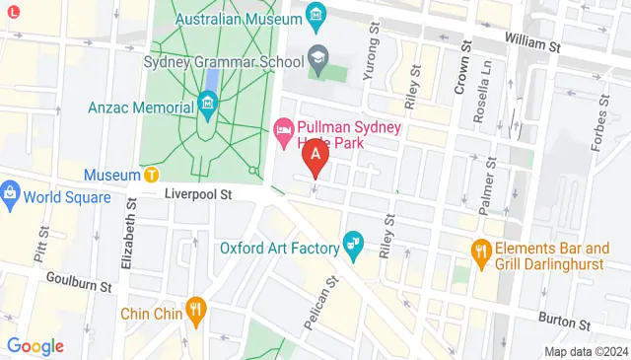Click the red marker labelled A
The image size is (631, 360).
[x=315, y=155]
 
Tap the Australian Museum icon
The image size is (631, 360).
[x=316, y=16]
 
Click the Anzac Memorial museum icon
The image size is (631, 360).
[x=207, y=103]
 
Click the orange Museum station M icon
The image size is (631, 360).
[x=151, y=175]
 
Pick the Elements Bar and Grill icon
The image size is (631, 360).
[x=481, y=251]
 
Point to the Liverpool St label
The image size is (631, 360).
[x=197, y=195]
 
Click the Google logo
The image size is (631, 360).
[x=35, y=346]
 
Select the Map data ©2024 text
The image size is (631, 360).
[x=586, y=351]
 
